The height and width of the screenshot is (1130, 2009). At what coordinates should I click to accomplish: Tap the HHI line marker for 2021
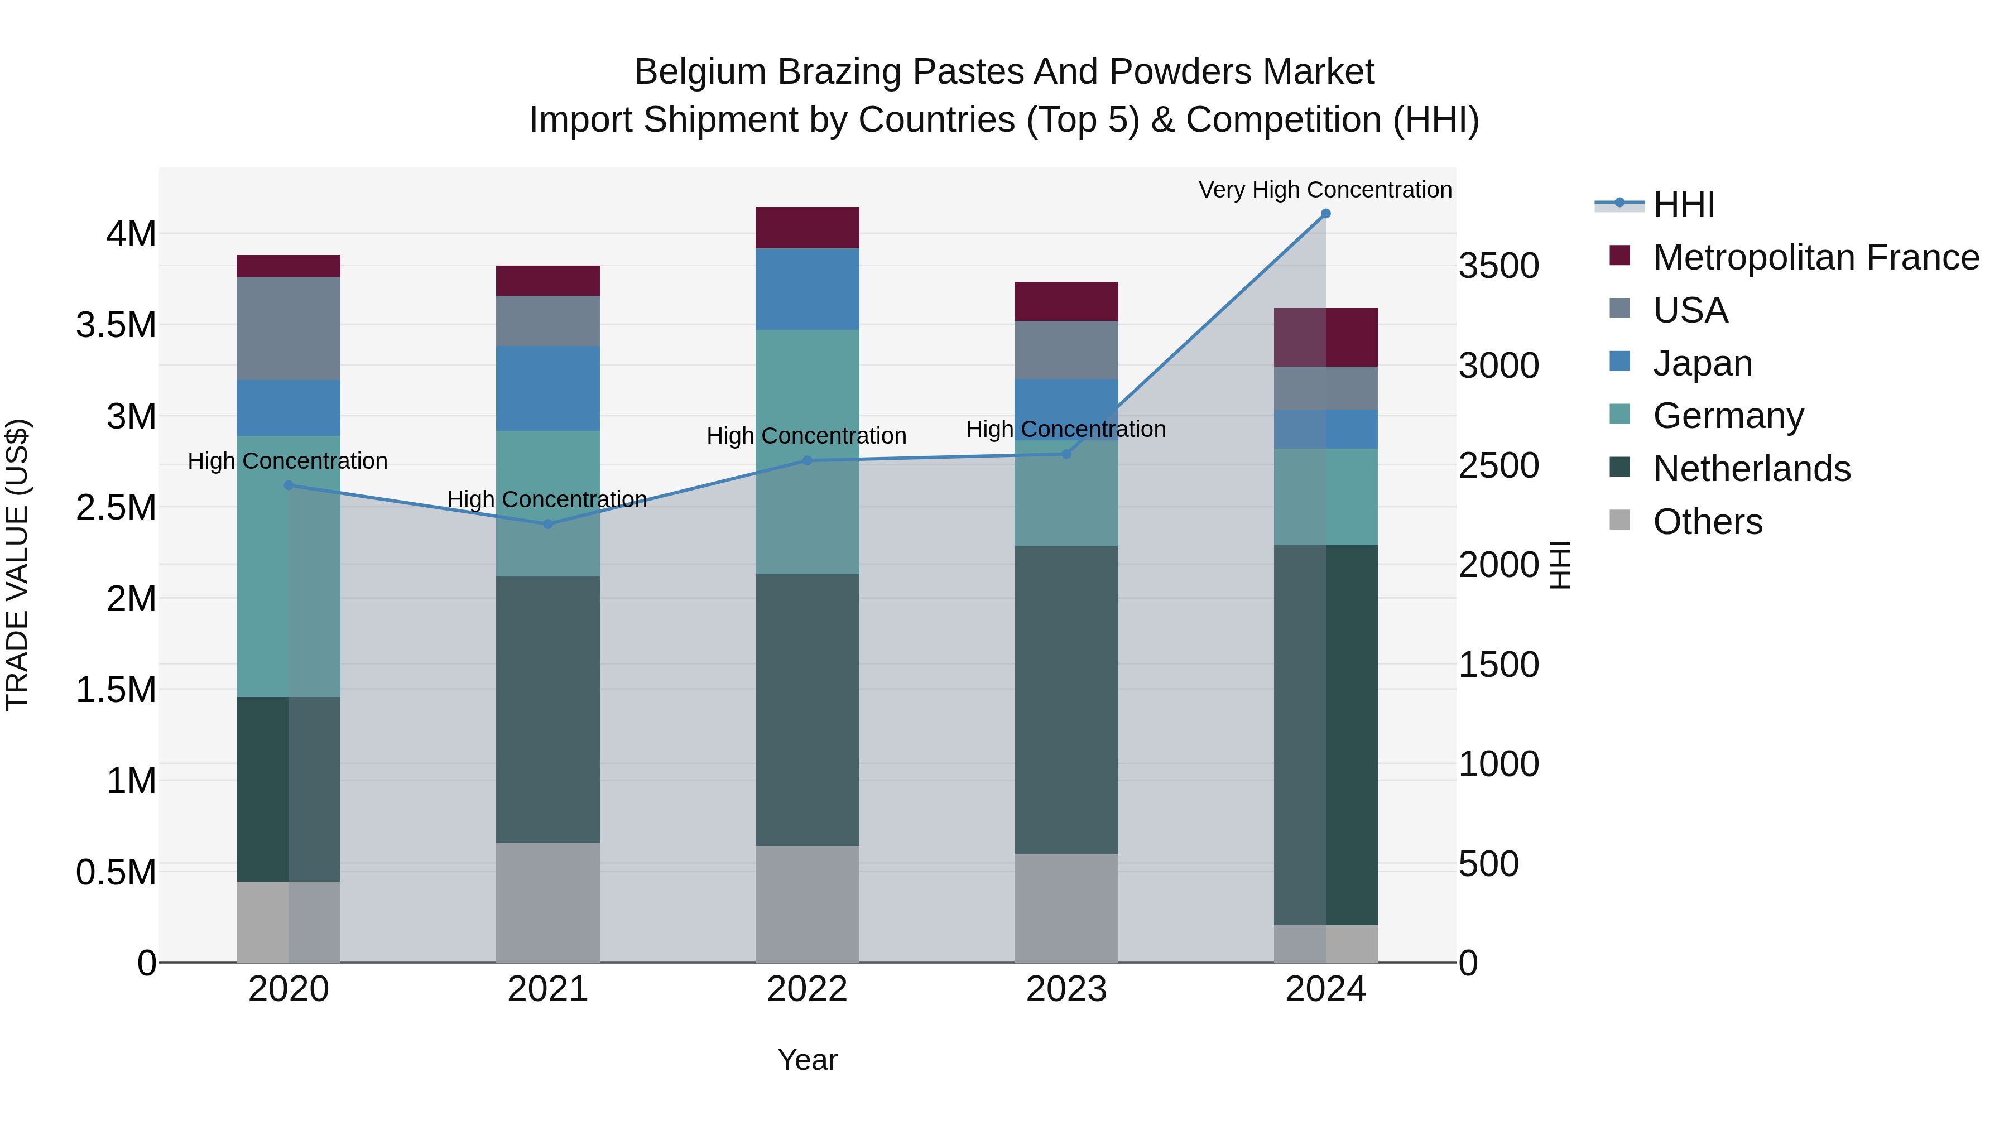point(547,524)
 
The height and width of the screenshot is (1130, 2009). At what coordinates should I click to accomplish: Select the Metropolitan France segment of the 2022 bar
point(807,228)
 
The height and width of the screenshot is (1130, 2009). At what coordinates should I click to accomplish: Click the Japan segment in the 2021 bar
point(547,388)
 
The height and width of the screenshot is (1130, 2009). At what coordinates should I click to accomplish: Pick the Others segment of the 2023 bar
point(1066,908)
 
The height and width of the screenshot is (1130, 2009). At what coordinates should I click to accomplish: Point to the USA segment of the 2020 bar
point(289,328)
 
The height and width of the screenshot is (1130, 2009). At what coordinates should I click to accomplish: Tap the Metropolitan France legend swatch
point(1620,256)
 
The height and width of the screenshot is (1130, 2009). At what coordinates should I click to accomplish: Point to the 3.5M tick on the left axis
point(116,324)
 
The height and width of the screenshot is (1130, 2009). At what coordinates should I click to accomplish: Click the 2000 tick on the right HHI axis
point(1498,565)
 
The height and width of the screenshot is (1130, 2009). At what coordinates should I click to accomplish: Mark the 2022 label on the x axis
point(807,989)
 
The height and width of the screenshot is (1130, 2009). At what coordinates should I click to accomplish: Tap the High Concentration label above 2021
point(547,499)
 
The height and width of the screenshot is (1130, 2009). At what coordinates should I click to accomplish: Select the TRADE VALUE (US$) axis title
point(17,565)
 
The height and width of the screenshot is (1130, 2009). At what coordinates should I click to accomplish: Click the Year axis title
point(807,1060)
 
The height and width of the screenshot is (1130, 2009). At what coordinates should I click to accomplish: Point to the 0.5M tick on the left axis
point(116,872)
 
